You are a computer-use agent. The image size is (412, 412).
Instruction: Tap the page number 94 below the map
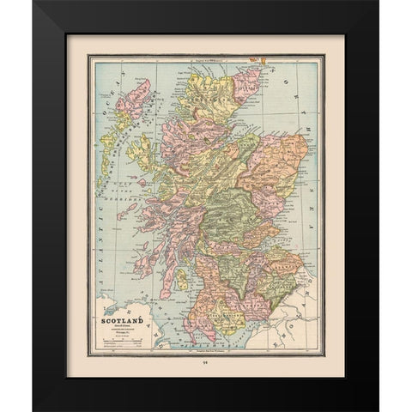pyautogui.click(x=205, y=363)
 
